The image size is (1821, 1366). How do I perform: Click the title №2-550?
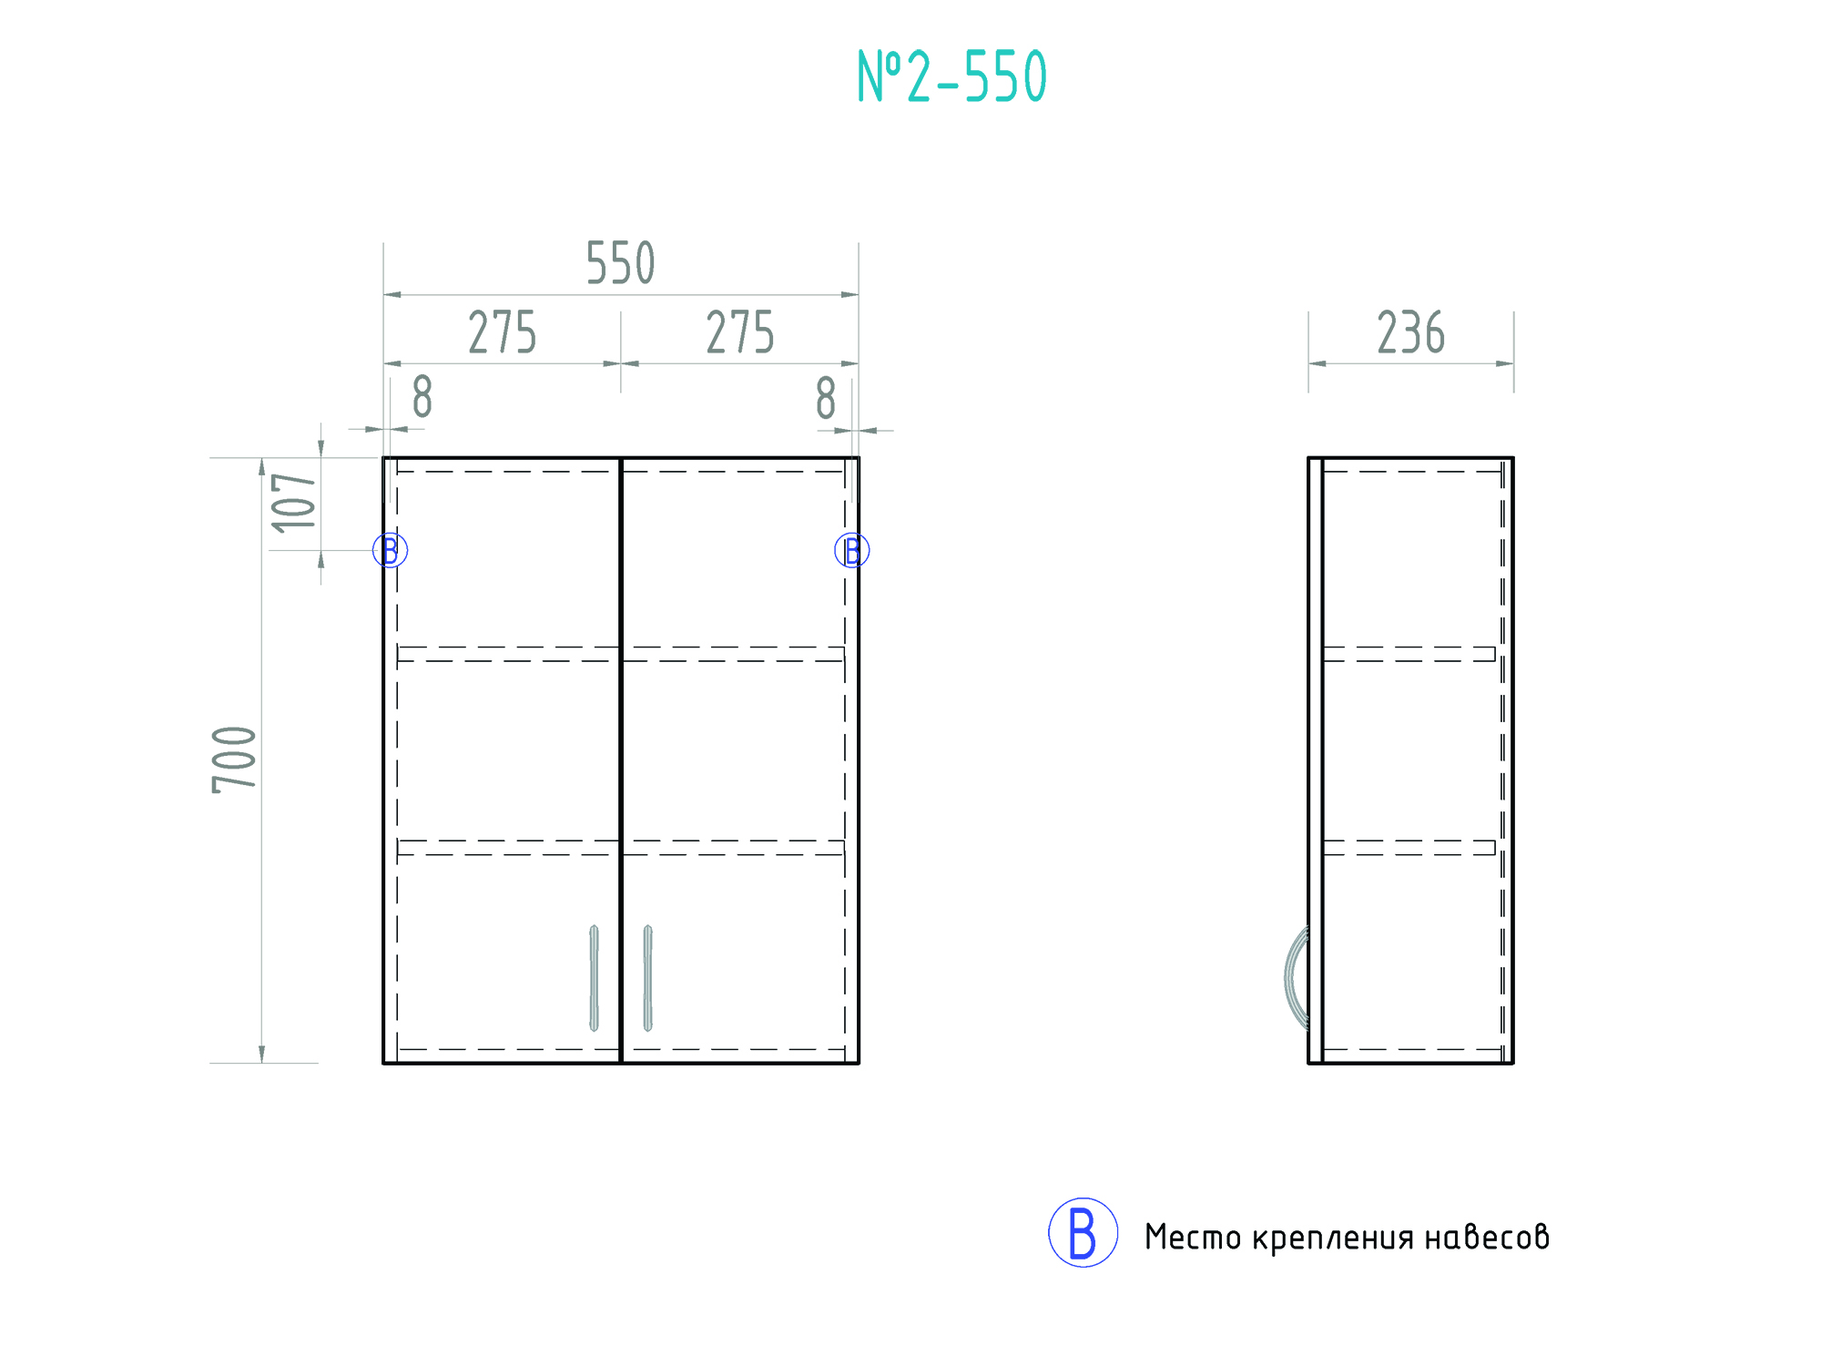click(x=952, y=76)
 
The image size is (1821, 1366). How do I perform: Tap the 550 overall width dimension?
click(x=620, y=264)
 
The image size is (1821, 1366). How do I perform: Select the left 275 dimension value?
click(x=503, y=332)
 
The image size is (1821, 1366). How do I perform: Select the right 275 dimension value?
click(x=740, y=332)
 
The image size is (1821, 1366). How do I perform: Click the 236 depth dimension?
click(x=1410, y=332)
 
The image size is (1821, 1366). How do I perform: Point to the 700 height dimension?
click(x=235, y=760)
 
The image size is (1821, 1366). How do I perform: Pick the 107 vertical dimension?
click(x=294, y=503)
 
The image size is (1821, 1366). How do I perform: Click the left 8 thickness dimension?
click(x=422, y=397)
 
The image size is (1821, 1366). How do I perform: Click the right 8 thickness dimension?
click(x=826, y=398)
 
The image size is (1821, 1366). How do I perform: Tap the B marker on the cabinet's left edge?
click(x=390, y=550)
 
